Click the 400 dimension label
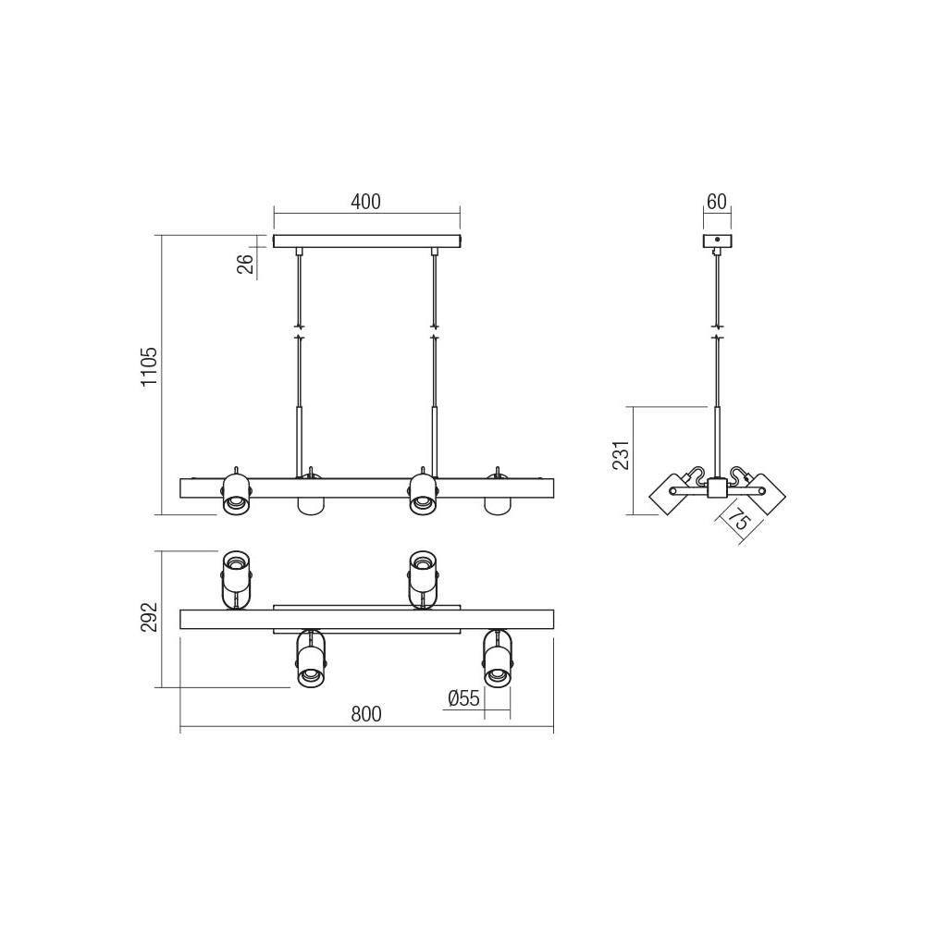366,202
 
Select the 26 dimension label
246,265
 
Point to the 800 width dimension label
366,714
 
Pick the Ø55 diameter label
463,698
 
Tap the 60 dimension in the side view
716,202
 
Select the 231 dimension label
620,455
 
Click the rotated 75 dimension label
737,523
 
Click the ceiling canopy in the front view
366,241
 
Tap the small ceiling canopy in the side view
716,241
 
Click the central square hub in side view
716,489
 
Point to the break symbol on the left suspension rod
298,332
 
